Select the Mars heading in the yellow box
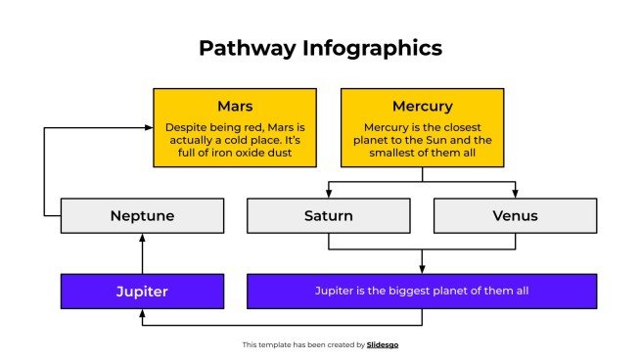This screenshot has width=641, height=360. [235, 106]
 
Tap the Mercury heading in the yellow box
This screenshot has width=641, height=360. [422, 106]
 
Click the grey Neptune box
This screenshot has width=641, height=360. [143, 215]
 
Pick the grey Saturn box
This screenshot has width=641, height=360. [328, 215]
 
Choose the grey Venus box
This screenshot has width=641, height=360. [515, 215]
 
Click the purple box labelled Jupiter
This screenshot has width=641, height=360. [143, 292]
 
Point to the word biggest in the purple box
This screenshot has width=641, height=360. [408, 292]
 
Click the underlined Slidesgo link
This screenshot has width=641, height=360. [383, 344]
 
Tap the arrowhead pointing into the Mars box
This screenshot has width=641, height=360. [148, 127]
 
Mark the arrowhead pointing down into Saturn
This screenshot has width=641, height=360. [328, 194]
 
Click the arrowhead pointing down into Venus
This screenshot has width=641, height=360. [515, 194]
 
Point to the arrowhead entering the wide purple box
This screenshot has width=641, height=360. [422, 270]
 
